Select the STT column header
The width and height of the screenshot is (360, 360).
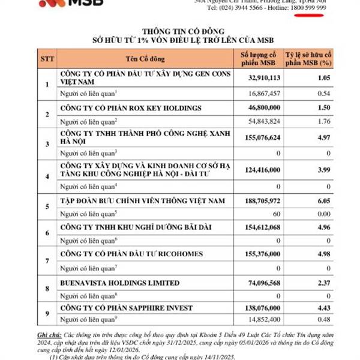47,58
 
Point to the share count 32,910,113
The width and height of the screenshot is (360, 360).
257,77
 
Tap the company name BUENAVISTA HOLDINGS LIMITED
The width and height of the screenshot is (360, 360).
120,283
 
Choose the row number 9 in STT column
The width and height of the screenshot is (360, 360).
47,313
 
